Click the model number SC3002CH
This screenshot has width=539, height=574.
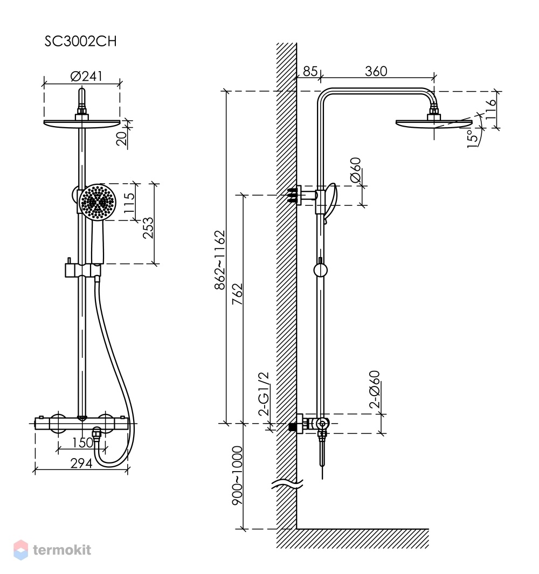coord(80,42)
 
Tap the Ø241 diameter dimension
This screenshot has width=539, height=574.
coord(86,76)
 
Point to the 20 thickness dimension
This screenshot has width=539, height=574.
coord(122,137)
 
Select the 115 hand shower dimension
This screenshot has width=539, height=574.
coord(129,203)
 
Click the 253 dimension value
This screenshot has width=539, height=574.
coord(148,227)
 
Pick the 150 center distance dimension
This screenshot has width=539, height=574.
coord(82,442)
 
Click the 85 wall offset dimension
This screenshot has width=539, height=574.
coord(310,71)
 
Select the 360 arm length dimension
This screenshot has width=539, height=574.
coord(376,71)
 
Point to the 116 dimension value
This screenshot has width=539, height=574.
coord(490,109)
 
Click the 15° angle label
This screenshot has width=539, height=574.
coord(473,138)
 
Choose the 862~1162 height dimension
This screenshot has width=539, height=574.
coord(220,260)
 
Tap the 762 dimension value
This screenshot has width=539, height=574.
coord(237,294)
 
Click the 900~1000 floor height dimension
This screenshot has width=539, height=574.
coord(237,475)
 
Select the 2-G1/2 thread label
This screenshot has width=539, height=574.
coord(264,394)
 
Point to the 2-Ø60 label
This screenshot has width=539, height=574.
coord(375,390)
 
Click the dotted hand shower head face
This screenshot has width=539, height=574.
coord(98,202)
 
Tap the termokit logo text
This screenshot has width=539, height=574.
coord(62,550)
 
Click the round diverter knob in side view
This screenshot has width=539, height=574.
coord(320,270)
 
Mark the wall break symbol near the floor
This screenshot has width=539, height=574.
coord(287,484)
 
